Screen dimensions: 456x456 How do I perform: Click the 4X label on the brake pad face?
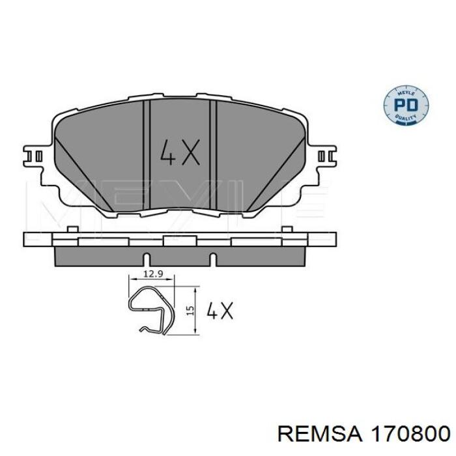[178, 152]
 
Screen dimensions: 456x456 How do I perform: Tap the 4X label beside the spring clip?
[219, 311]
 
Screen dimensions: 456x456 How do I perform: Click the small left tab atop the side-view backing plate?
[69, 230]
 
